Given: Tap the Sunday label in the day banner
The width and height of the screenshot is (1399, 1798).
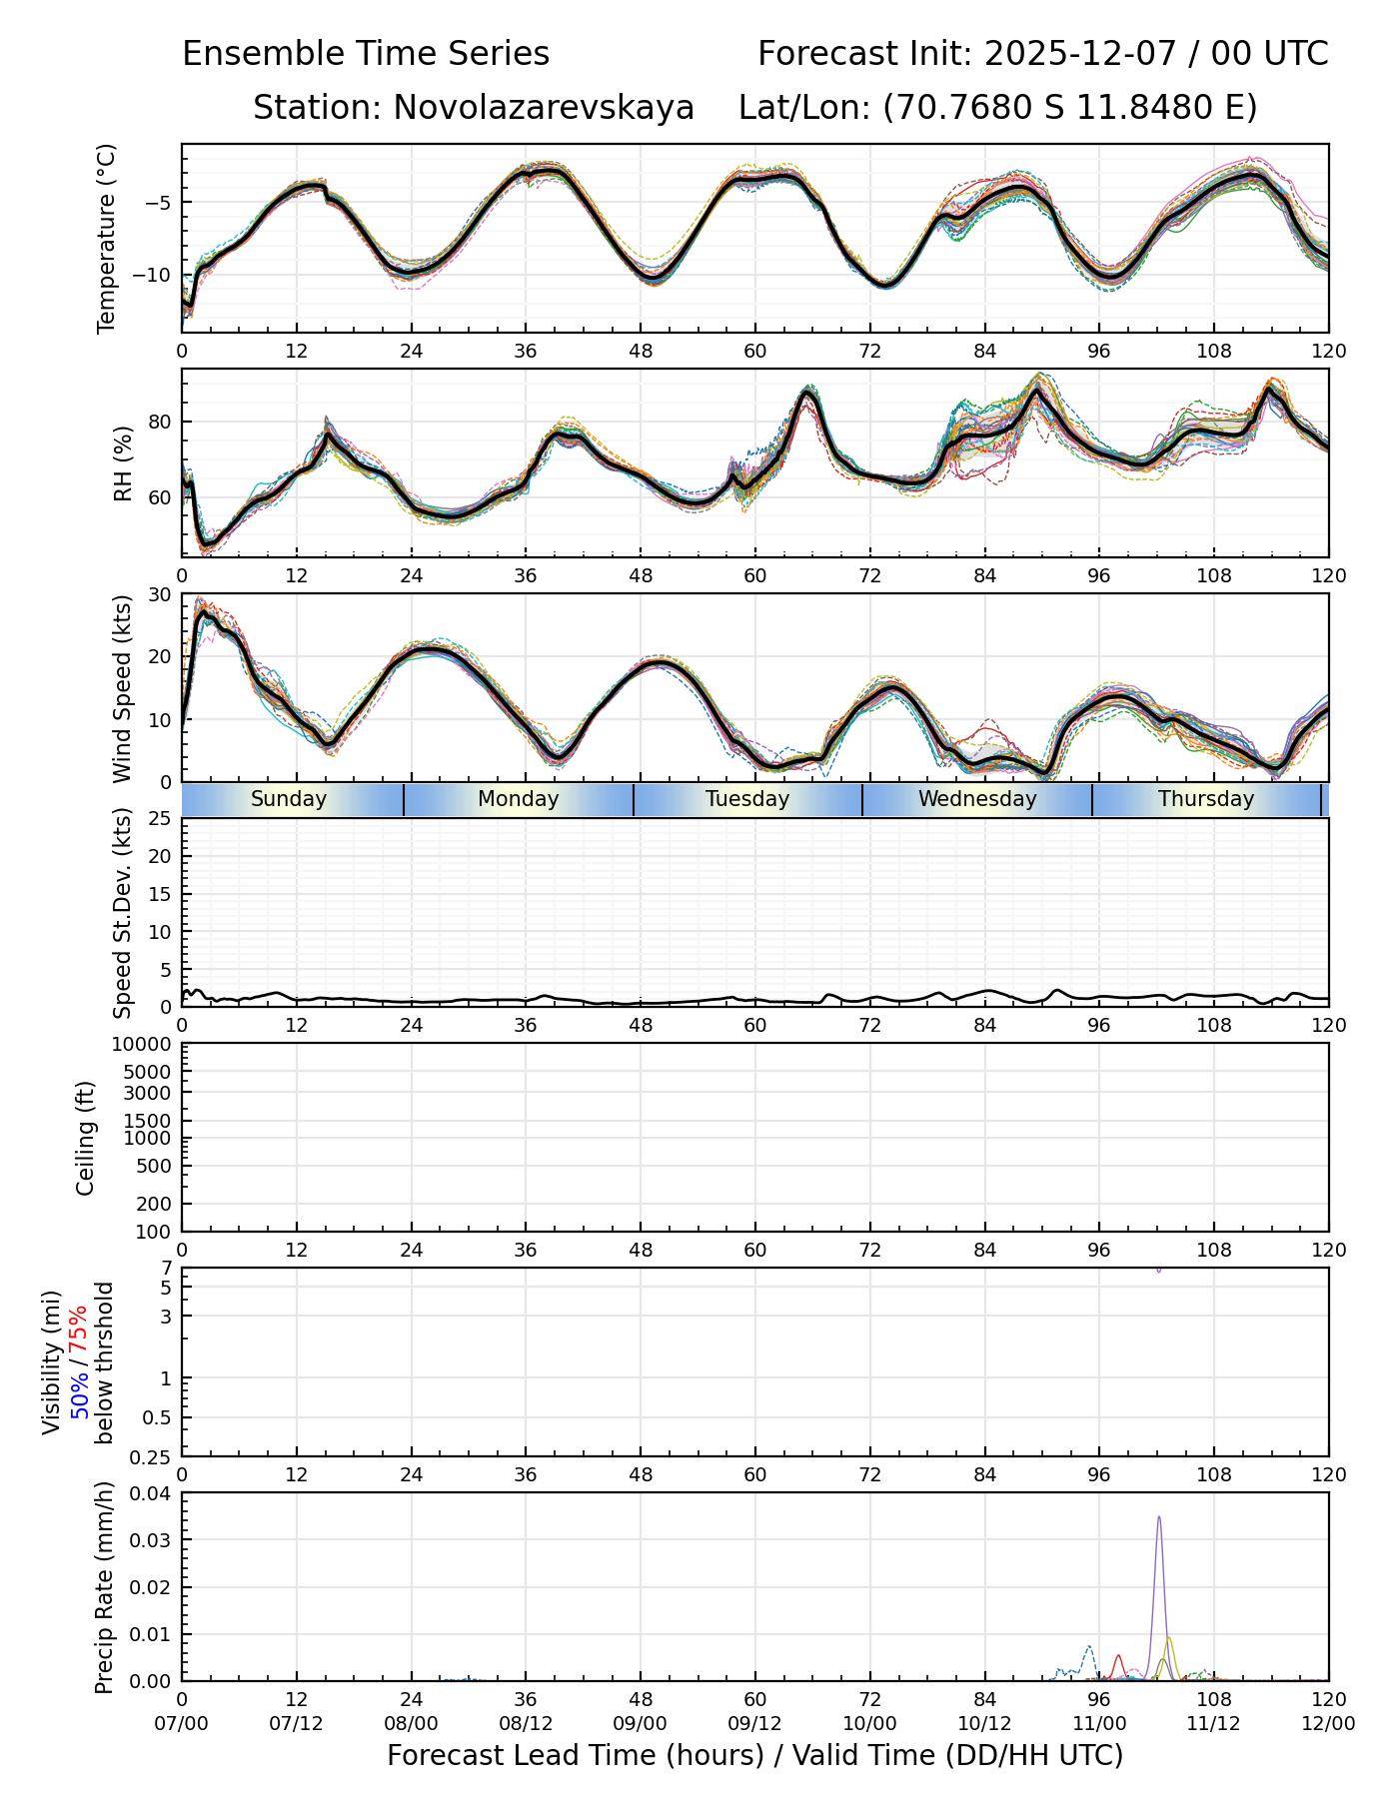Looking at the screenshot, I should pyautogui.click(x=289, y=799).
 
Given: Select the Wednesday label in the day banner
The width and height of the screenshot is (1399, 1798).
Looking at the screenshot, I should pyautogui.click(x=977, y=799).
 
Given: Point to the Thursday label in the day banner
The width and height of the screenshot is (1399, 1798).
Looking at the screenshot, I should pyautogui.click(x=1206, y=799).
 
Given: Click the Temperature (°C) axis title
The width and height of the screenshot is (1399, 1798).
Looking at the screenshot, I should pyautogui.click(x=107, y=238).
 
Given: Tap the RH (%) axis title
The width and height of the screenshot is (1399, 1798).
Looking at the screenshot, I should pyautogui.click(x=123, y=463).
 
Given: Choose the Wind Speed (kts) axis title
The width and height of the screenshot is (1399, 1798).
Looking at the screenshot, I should pyautogui.click(x=123, y=688).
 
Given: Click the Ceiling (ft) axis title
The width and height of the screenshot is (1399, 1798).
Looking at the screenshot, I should pyautogui.click(x=86, y=1138).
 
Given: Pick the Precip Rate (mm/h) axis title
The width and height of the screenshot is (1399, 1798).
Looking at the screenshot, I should pyautogui.click(x=104, y=1587).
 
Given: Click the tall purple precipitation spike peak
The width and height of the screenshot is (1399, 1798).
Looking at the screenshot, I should pyautogui.click(x=1159, y=1517).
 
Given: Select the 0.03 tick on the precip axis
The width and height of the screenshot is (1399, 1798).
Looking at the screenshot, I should pyautogui.click(x=153, y=1539).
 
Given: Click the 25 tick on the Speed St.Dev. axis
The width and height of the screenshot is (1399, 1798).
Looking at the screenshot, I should pyautogui.click(x=161, y=819).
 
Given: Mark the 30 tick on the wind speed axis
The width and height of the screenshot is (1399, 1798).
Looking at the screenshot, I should pyautogui.click(x=161, y=594).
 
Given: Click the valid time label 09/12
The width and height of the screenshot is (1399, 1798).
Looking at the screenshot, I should pyautogui.click(x=754, y=1723).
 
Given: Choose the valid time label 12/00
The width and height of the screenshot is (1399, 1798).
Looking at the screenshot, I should pyautogui.click(x=1328, y=1723).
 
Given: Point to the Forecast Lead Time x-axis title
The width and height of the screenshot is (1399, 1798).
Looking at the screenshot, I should pyautogui.click(x=754, y=1755).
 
